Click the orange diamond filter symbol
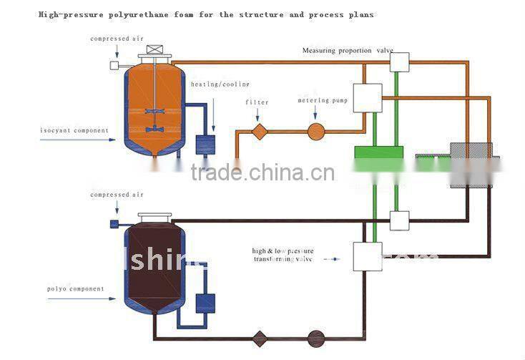[259, 131]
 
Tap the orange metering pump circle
[315, 131]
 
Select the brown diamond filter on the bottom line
[259, 338]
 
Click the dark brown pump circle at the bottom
[315, 338]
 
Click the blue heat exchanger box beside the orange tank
[206, 144]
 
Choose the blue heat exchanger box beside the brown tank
[205, 303]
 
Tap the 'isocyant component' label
[75, 130]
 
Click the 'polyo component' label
[75, 289]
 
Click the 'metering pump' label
[323, 101]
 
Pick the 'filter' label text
[257, 102]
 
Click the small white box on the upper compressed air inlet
[114, 66]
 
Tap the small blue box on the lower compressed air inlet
[114, 224]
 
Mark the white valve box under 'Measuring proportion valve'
[399, 62]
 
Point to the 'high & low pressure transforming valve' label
[283, 256]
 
